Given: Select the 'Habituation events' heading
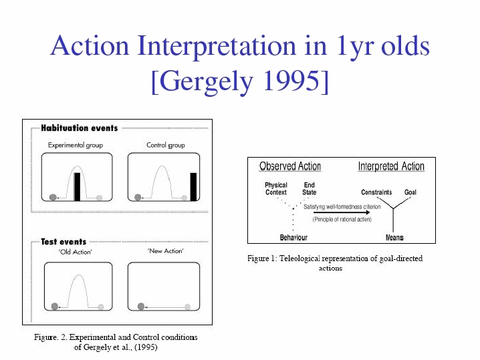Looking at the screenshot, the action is click(80, 128).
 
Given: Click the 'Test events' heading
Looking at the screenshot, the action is click(64, 242).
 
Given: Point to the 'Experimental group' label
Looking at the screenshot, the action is click(76, 145).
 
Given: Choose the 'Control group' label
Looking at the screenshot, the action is click(166, 145).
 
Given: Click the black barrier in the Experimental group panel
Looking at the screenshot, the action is click(77, 186).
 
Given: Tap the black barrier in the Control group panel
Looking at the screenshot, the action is click(193, 186).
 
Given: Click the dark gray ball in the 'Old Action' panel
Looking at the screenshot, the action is click(55, 306).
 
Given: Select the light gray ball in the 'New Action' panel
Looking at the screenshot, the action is click(188, 307).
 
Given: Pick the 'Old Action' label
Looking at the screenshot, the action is click(75, 252).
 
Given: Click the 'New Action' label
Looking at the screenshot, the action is click(166, 251).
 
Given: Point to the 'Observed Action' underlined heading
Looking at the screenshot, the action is click(290, 166).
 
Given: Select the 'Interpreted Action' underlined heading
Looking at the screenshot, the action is click(391, 166).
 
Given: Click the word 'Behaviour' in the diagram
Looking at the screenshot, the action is click(293, 237).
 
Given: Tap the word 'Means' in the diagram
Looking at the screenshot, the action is click(394, 237).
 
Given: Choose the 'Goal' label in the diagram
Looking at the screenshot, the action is click(410, 192).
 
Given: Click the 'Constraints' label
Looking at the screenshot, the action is click(376, 192).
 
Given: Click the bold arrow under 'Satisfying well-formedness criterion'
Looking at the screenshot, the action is click(342, 212).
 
